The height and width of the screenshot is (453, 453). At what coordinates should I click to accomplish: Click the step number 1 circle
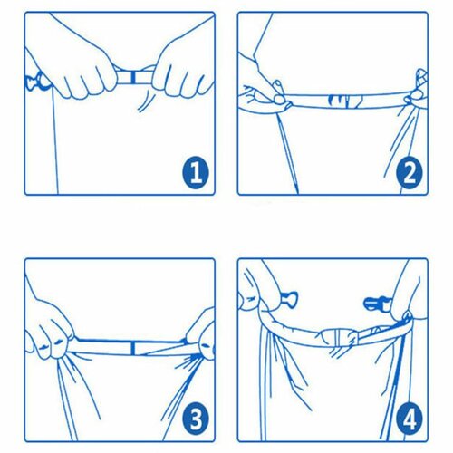pos(196,173)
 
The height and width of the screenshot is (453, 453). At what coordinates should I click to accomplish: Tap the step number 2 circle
pos(410,173)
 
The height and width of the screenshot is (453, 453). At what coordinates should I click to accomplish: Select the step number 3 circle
pos(196,419)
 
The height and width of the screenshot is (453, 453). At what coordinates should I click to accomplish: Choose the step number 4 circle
pos(410,419)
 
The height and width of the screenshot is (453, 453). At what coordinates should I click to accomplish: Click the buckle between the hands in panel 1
pos(132,77)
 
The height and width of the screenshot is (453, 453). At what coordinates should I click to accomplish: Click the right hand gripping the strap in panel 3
pos(201,337)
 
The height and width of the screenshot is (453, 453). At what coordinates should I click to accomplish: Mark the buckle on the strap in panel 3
pos(132,347)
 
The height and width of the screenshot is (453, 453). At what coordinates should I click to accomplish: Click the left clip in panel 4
pos(289,300)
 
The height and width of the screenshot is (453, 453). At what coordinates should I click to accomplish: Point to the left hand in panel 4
pos(263,290)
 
